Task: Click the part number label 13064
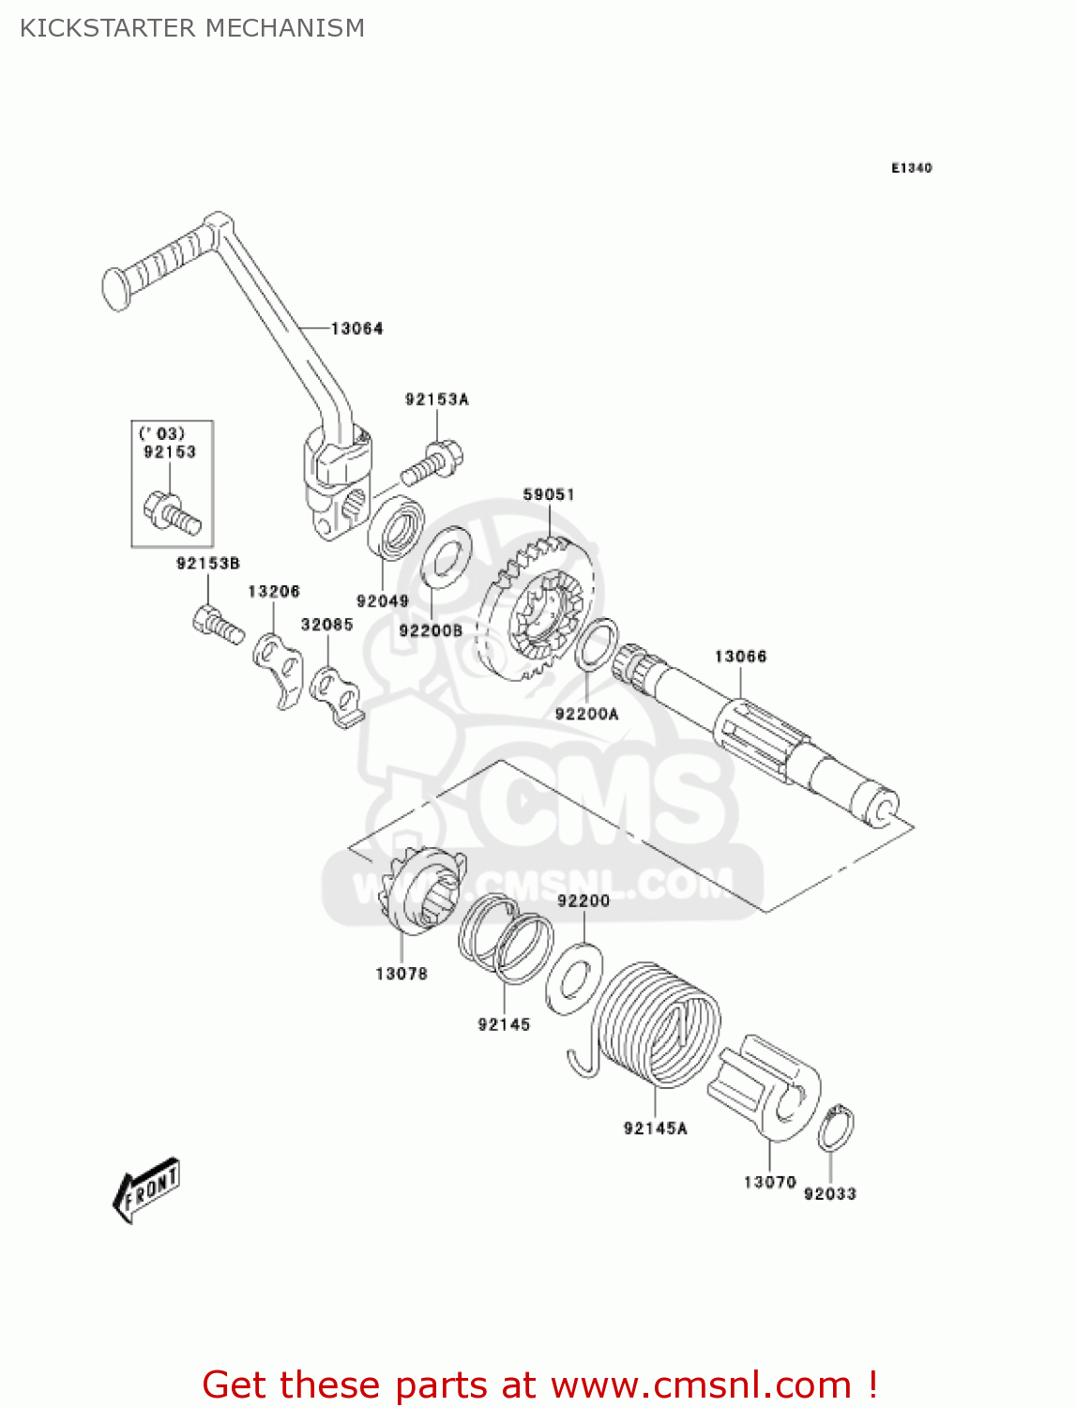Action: (356, 328)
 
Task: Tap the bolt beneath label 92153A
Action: (432, 461)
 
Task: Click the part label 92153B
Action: (208, 563)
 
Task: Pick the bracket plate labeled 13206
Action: (277, 667)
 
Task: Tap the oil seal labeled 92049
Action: (396, 532)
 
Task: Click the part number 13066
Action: (740, 657)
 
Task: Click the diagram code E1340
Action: (911, 168)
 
